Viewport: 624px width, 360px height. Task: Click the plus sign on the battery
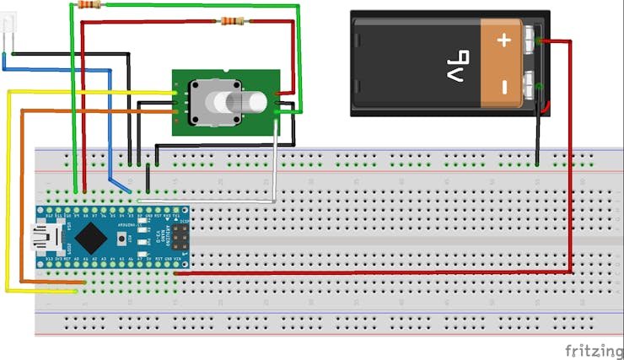tap(505, 40)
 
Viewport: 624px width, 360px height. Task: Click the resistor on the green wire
tap(89, 4)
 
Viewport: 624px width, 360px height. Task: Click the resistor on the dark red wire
tap(232, 21)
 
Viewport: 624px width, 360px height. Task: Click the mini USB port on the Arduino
tap(40, 237)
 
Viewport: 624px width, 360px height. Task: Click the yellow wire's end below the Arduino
tap(77, 291)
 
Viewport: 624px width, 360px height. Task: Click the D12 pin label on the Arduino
tap(48, 217)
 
